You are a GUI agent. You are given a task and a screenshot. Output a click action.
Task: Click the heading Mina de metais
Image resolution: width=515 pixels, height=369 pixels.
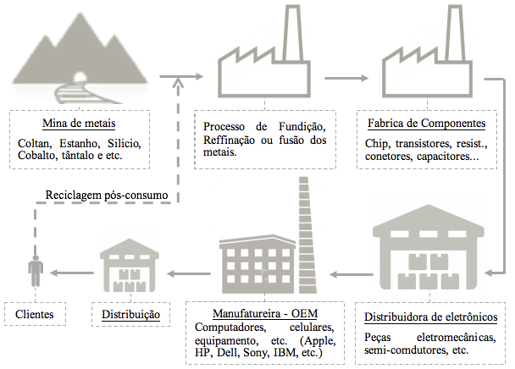click(79, 124)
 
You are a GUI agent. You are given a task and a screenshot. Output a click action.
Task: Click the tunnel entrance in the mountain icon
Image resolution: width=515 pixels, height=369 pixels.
click(80, 77)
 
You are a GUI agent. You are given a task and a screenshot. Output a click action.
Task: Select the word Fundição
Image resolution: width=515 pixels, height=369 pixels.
click(302, 127)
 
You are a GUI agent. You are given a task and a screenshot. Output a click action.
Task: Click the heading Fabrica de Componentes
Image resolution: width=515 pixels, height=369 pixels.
click(426, 124)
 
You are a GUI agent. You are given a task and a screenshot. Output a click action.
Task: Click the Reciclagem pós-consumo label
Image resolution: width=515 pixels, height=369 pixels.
click(107, 195)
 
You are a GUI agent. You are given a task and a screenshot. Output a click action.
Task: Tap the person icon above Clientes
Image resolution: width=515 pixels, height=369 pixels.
click(36, 271)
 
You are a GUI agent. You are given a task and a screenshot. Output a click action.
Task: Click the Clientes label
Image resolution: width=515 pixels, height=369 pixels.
click(34, 315)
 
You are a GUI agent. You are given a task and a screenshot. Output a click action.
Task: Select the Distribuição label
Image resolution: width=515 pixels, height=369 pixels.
click(130, 315)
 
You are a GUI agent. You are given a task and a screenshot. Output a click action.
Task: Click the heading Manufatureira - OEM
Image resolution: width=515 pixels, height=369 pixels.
click(265, 313)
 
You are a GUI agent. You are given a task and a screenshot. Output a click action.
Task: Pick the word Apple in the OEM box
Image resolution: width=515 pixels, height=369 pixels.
click(318, 341)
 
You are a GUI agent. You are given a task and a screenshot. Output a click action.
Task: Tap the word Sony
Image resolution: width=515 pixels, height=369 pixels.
click(256, 353)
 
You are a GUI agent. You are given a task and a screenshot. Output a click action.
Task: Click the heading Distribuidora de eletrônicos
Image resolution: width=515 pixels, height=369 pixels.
click(430, 317)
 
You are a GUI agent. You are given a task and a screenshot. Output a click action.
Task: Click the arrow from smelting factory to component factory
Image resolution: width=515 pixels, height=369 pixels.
click(346, 78)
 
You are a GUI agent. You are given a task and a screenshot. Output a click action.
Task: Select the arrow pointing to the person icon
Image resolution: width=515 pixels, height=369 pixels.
click(71, 273)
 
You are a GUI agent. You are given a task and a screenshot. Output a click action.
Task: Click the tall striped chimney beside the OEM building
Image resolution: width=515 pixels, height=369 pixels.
click(307, 235)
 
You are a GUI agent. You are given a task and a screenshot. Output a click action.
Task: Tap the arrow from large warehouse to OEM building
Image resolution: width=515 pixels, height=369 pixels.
click(352, 274)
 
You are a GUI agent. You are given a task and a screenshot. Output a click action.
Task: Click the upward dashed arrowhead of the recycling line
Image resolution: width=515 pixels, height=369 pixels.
click(178, 83)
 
